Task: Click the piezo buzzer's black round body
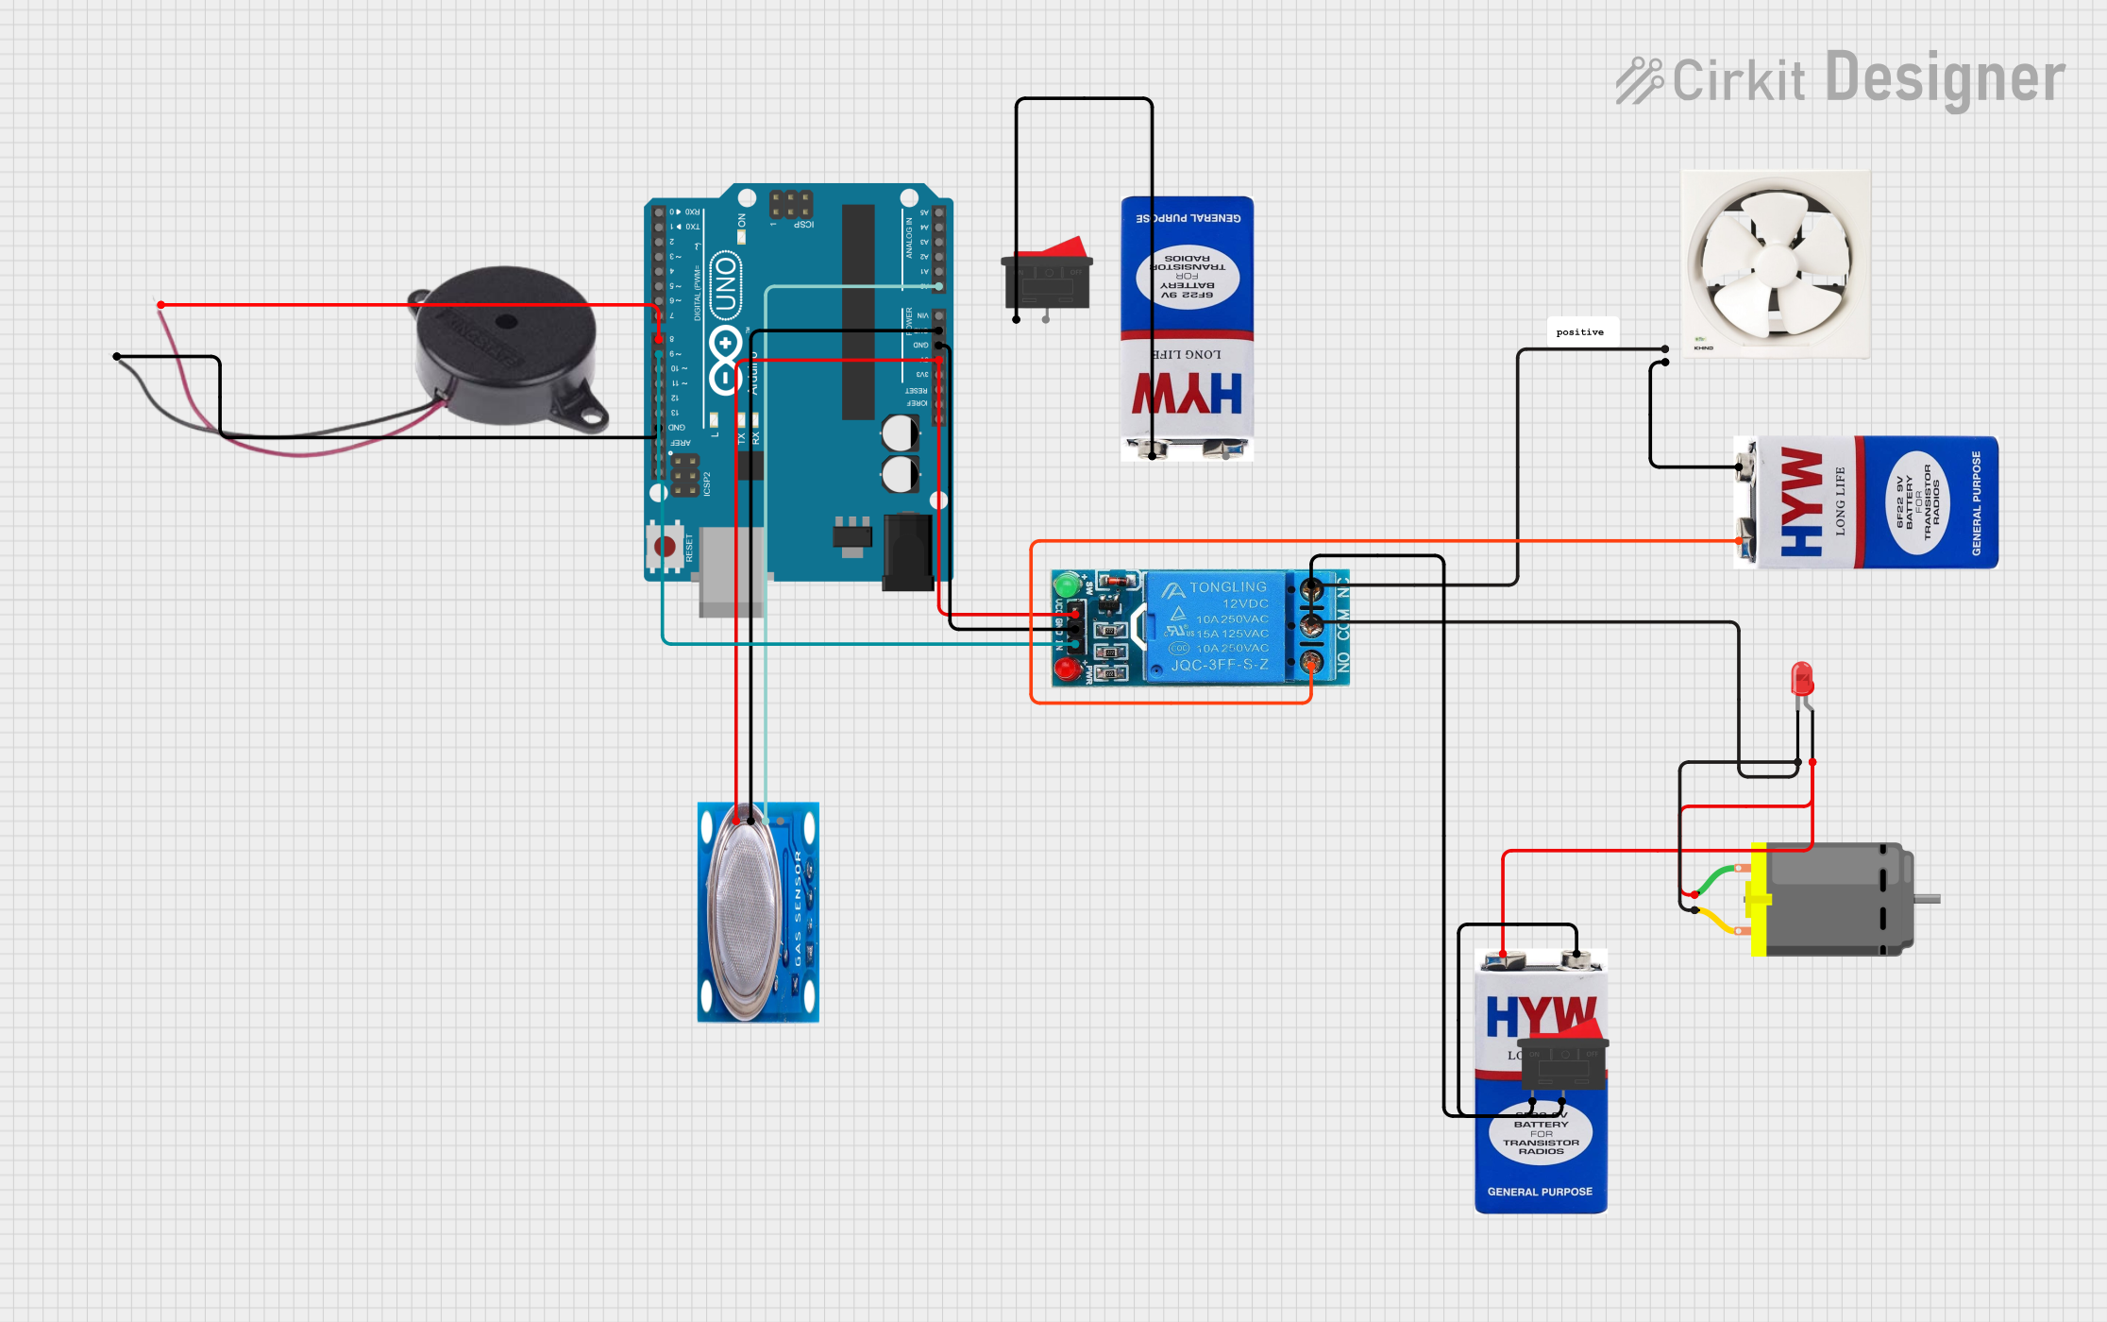[x=506, y=345]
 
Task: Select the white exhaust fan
[x=1775, y=263]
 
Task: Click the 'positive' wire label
[x=1580, y=332]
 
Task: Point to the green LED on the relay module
[x=1068, y=583]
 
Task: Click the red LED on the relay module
[x=1067, y=669]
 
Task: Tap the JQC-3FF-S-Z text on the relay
[x=1220, y=665]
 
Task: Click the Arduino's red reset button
[x=665, y=547]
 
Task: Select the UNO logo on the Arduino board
[x=725, y=284]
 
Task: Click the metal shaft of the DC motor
[x=1927, y=899]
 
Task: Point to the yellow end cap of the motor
[x=1759, y=899]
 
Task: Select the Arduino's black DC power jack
[x=907, y=552]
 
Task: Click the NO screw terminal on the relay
[x=1312, y=661]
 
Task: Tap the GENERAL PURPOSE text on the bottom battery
[x=1540, y=1192]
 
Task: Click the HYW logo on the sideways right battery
[x=1801, y=501]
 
